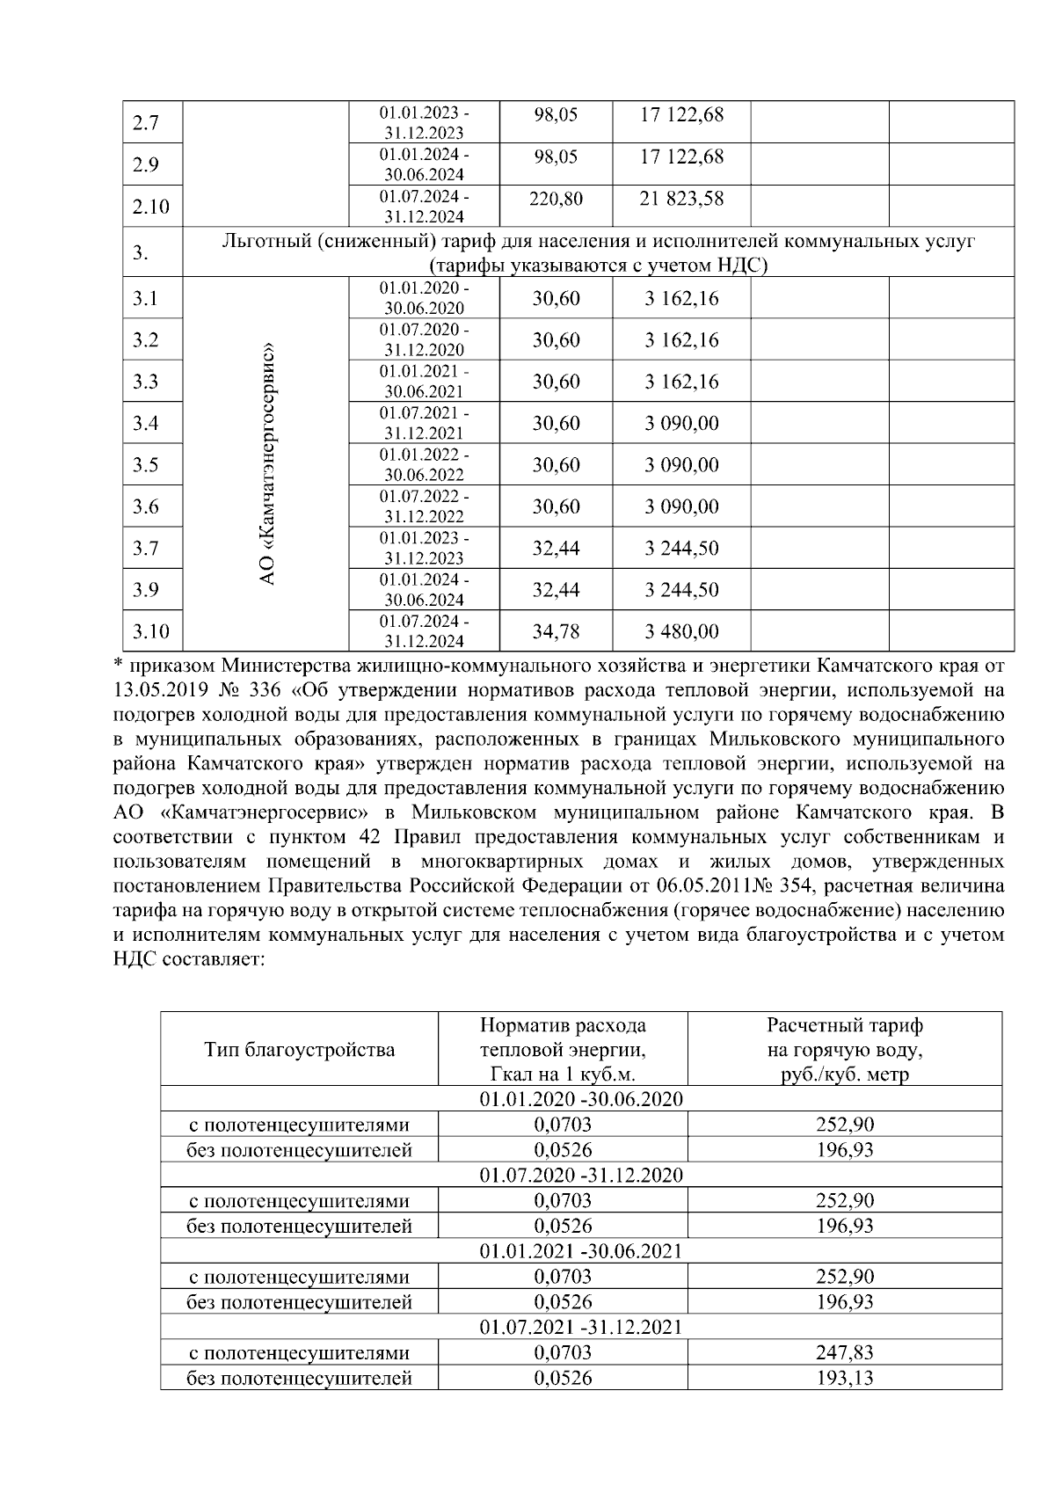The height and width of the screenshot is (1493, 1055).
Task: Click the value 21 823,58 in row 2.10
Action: (x=681, y=199)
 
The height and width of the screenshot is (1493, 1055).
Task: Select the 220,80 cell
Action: (x=556, y=200)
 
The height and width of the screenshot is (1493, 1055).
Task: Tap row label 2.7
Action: (x=145, y=123)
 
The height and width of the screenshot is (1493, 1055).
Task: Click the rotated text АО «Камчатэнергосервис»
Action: (x=268, y=463)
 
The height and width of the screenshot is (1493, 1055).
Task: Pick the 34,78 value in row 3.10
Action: (x=556, y=631)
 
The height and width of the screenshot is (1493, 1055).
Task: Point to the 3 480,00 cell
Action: (x=681, y=631)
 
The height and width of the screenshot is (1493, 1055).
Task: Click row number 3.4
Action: (x=145, y=424)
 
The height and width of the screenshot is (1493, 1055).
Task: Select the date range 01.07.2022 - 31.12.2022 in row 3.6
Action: (x=424, y=507)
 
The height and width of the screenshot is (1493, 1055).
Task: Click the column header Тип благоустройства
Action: (x=299, y=1050)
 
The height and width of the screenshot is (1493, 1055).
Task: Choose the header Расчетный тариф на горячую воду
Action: (x=845, y=1050)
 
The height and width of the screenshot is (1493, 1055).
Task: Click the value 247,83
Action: (x=845, y=1352)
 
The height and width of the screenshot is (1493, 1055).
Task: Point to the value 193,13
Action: (x=845, y=1378)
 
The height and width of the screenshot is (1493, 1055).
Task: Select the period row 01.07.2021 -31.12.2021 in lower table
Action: (x=581, y=1327)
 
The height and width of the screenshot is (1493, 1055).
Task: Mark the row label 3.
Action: (x=141, y=253)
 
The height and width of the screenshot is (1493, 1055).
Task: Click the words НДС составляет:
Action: (x=189, y=958)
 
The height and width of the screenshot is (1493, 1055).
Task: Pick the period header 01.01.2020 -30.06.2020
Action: (x=581, y=1099)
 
